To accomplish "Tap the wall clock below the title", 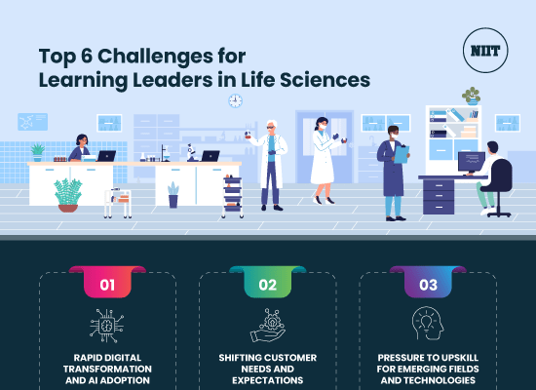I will tap(235, 100).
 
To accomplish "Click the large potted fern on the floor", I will tap(68, 193).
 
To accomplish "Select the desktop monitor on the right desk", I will tap(471, 160).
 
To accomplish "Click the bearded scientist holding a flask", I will tap(274, 161).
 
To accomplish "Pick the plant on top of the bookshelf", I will tap(472, 96).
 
